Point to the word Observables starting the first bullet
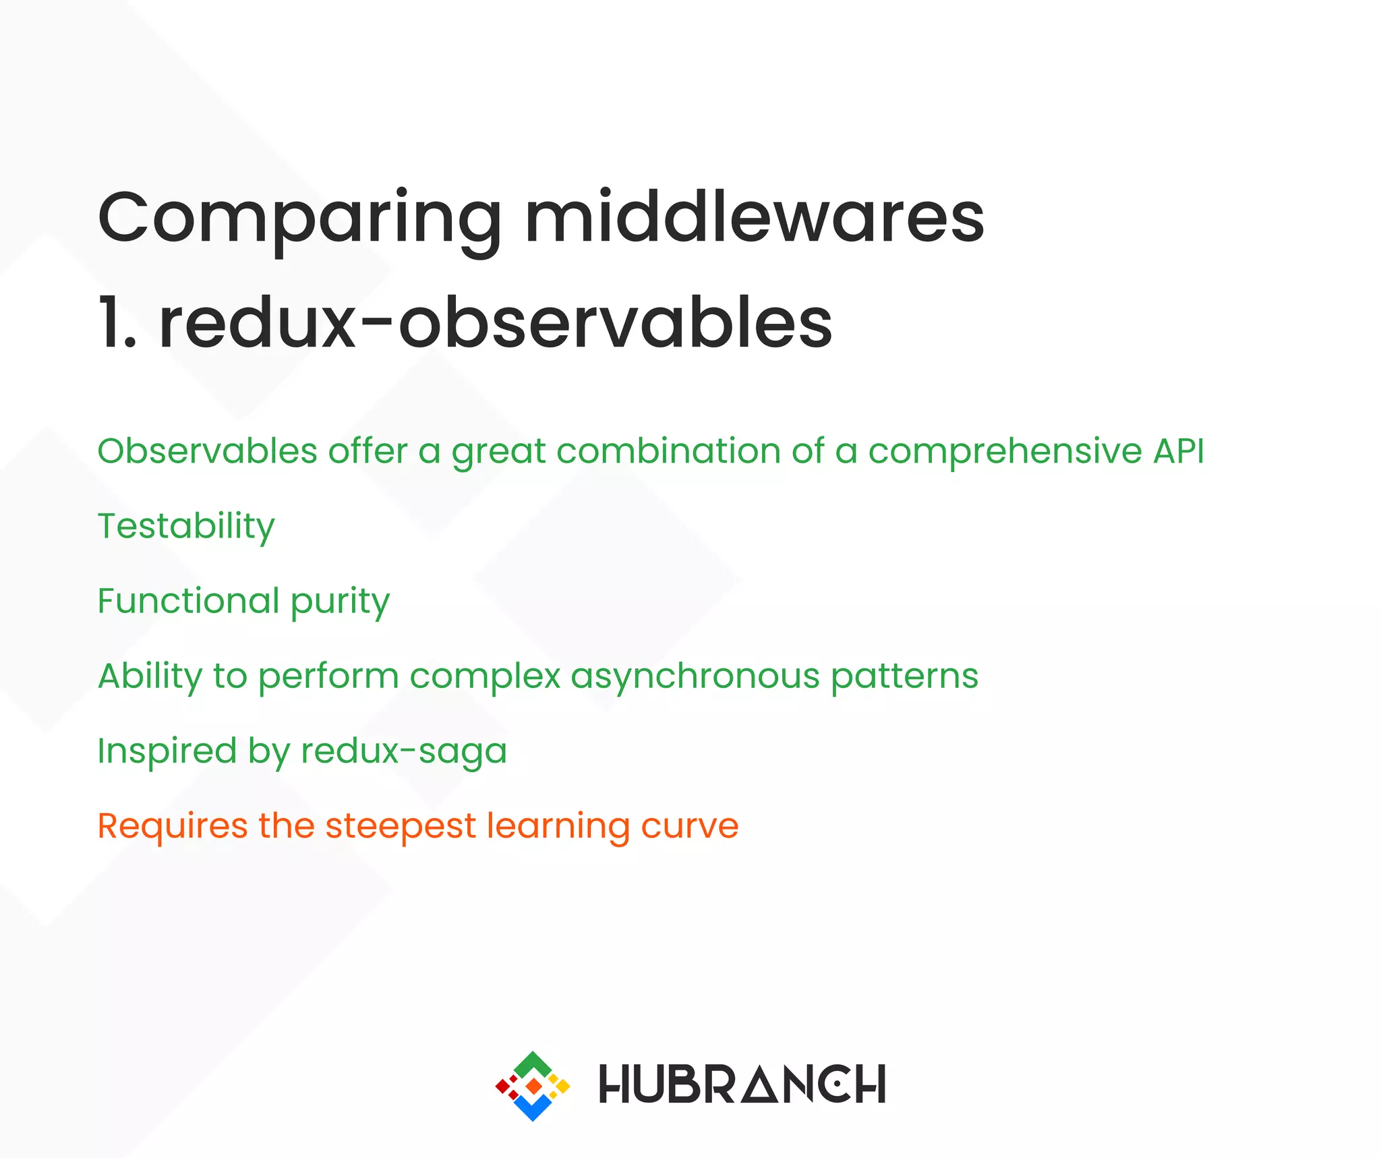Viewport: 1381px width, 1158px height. [x=207, y=451]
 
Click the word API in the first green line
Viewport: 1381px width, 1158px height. [x=1178, y=451]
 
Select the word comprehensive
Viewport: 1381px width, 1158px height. [x=1005, y=452]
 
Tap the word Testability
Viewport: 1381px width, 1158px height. [x=186, y=527]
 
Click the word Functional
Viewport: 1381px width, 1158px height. [x=188, y=600]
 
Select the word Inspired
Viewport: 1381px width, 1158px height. [x=167, y=751]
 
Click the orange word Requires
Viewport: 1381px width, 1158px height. [x=173, y=826]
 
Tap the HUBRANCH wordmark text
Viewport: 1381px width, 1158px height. [x=742, y=1084]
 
